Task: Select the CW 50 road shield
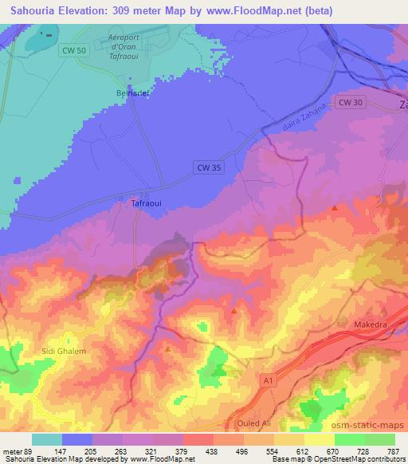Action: tap(71, 49)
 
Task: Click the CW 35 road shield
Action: tap(206, 167)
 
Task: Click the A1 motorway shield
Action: tap(269, 383)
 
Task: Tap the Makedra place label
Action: tap(370, 325)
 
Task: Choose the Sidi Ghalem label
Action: tap(64, 351)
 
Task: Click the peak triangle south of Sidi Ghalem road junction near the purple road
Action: tap(168, 348)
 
